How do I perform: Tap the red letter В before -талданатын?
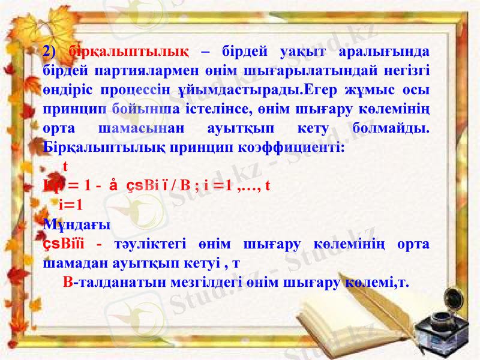68,283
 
